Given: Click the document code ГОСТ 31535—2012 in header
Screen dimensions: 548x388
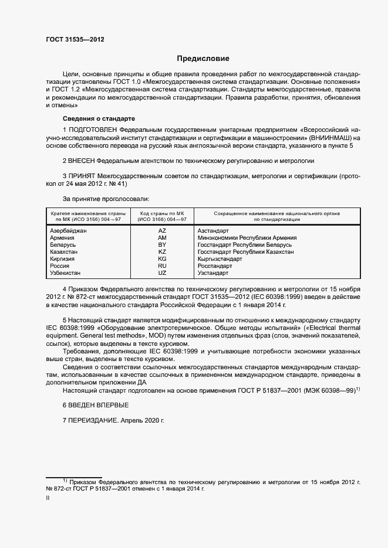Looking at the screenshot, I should pos(75,40).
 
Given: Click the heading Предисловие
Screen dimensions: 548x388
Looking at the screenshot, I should pos(203,59).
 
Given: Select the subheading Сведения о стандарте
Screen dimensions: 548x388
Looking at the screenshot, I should pos(90,118).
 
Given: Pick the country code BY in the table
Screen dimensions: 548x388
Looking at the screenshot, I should pos(162,245).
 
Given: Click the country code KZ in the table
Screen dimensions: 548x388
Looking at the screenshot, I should pos(162,252).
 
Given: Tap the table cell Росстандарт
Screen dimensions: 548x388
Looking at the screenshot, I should pos(215,266).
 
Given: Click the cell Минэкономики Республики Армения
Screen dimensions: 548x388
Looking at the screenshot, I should pos(247,238).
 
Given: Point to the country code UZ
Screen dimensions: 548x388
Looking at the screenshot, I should pos(162,273).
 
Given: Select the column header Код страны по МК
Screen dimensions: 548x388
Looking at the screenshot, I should pos(162,213).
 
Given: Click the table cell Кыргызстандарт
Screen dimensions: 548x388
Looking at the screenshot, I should pos(220,259).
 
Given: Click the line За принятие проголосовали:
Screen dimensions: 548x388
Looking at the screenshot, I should pos(106,199).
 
